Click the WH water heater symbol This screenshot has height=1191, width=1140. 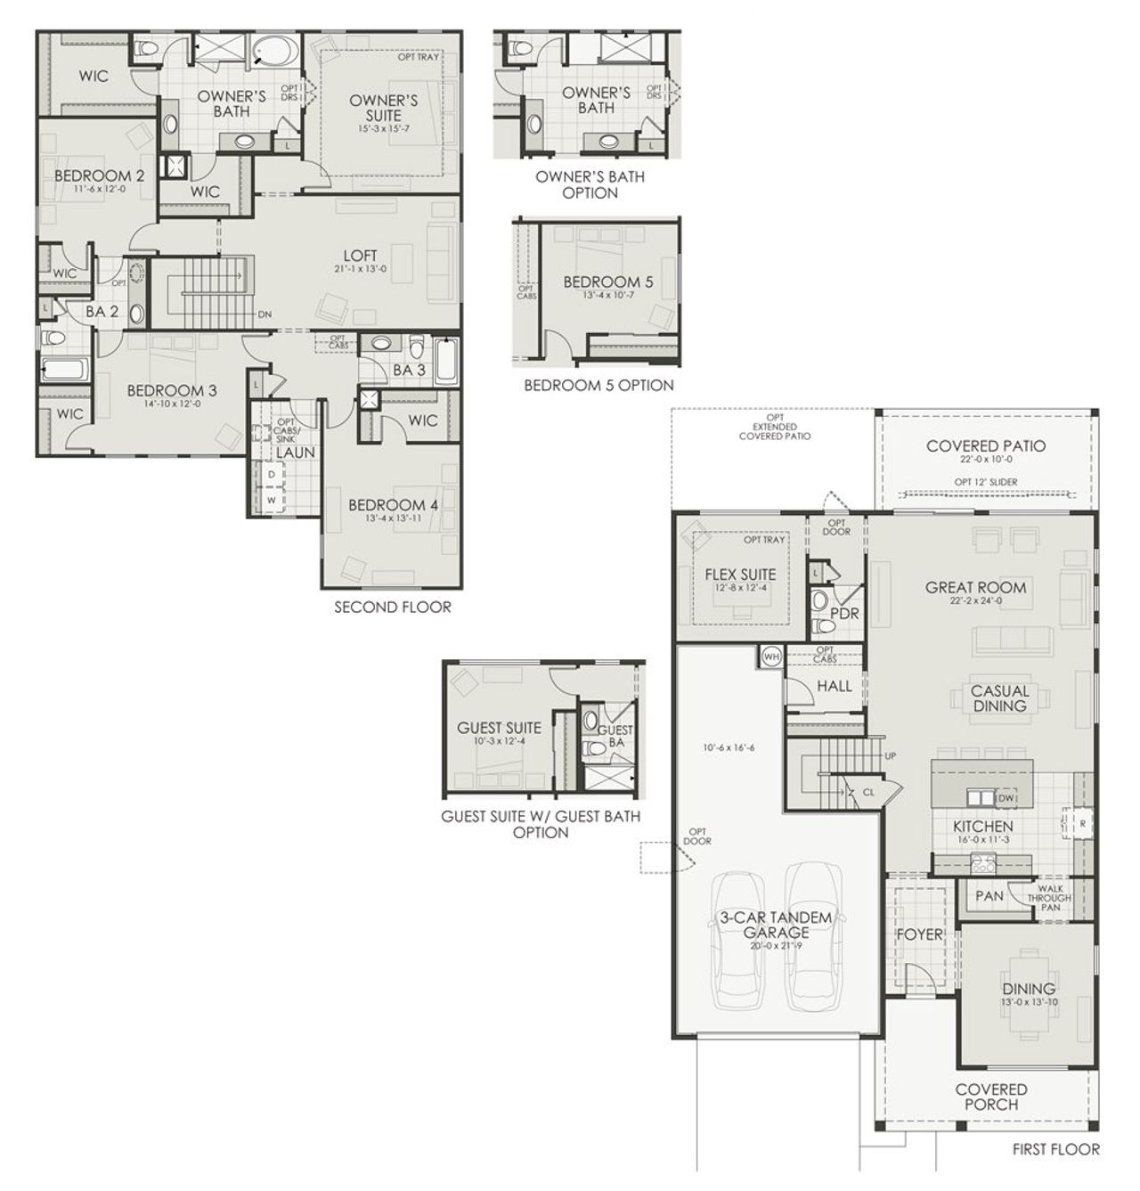pos(771,657)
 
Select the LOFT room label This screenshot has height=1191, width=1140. pos(360,256)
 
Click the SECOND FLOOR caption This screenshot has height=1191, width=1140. pos(393,608)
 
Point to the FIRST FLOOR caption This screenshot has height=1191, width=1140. pos(1055,1149)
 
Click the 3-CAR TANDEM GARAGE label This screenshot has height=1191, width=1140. pos(775,925)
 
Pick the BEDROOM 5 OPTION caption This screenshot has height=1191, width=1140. pos(598,386)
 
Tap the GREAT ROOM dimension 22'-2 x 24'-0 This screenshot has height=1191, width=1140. pos(975,600)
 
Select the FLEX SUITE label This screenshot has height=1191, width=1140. pos(740,575)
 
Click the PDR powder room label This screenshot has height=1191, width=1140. pos(843,614)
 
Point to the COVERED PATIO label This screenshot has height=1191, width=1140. pos(985,446)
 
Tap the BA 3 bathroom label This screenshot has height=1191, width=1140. pos(409,370)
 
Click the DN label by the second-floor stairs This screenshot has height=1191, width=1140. pos(265,314)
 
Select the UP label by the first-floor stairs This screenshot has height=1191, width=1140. pos(890,755)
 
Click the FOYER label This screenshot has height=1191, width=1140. pos(919,934)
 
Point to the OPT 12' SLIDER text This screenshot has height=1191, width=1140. pos(984,482)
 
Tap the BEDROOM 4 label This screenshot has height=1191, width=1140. pos(393,505)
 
